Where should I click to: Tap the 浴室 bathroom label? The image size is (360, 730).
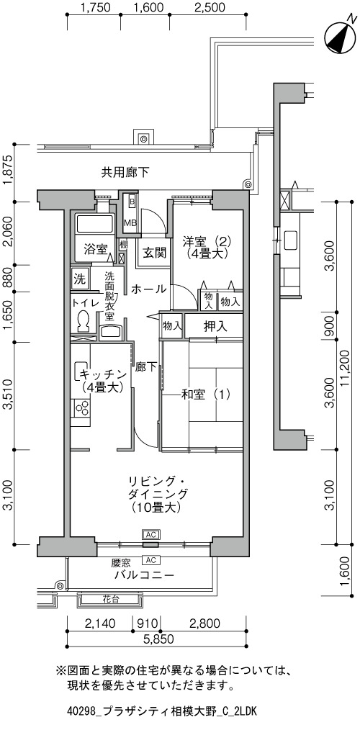[x=96, y=250]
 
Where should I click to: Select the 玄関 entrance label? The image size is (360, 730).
[x=154, y=253]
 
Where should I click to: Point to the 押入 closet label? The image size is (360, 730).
[x=215, y=326]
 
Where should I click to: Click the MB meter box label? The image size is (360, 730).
[x=130, y=222]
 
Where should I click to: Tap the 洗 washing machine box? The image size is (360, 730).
[x=80, y=279]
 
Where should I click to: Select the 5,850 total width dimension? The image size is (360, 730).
[x=157, y=639]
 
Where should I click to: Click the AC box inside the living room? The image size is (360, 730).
[x=150, y=534]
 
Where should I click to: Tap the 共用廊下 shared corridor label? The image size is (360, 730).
[x=125, y=173]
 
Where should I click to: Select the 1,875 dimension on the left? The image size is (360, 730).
[x=8, y=172]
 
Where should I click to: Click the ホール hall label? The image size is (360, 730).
[x=148, y=289]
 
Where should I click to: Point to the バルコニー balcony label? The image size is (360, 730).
[x=145, y=574]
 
